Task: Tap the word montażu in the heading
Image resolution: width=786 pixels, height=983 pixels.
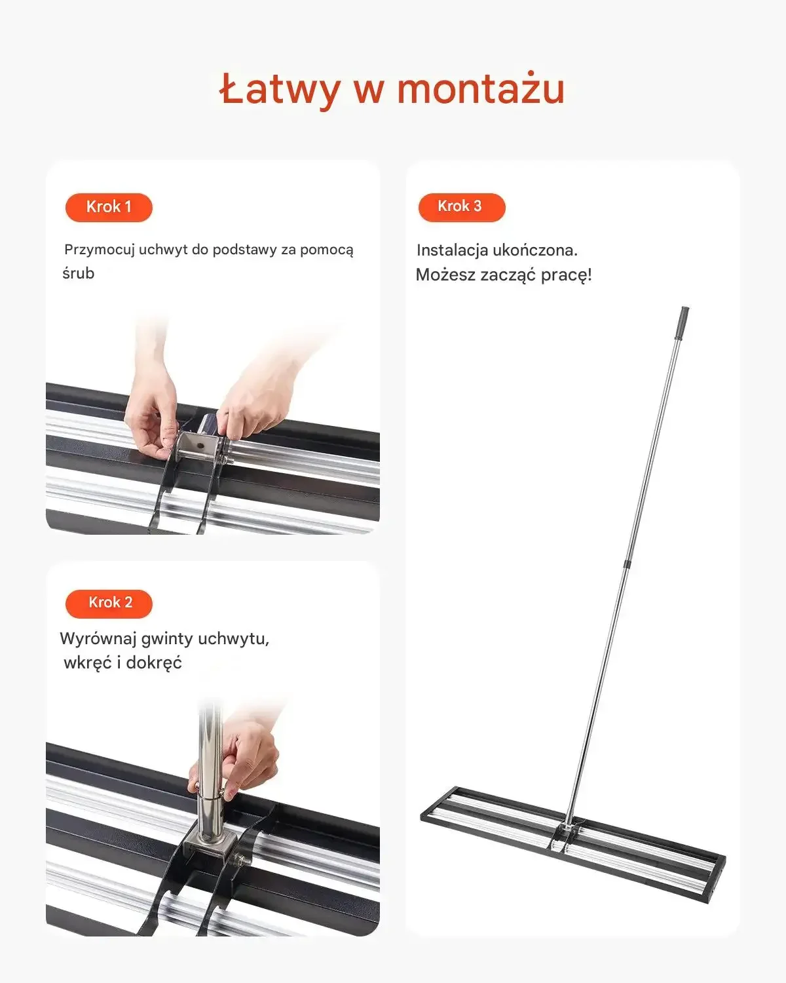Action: (481, 88)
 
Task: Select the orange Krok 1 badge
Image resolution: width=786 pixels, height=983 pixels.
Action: (109, 207)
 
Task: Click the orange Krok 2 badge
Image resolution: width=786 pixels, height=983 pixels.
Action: (109, 604)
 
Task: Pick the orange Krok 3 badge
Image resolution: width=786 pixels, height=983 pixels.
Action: (462, 207)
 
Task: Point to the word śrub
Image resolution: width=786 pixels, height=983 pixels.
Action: (79, 273)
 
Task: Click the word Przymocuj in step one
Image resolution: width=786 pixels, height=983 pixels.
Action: (100, 250)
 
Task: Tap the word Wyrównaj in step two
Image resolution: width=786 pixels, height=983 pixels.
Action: (98, 638)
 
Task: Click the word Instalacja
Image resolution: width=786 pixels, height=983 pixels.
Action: (452, 250)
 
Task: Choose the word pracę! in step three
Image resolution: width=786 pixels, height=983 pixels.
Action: (567, 275)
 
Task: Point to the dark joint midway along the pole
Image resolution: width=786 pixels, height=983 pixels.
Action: (629, 562)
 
